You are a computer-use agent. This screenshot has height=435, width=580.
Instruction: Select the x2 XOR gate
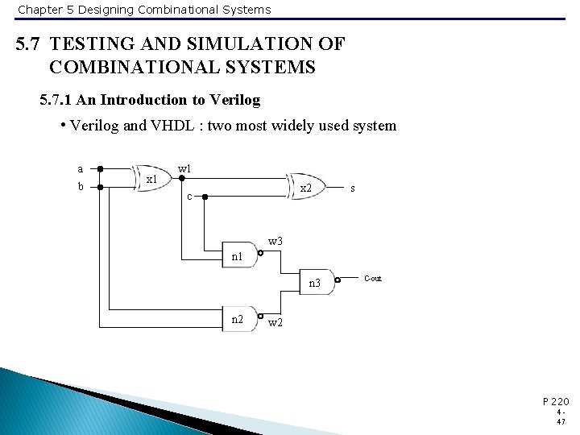point(305,188)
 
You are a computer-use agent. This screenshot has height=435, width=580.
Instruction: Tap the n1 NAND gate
point(239,256)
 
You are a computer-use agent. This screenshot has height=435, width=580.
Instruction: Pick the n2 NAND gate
point(239,319)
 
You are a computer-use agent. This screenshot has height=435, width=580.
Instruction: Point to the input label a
point(80,169)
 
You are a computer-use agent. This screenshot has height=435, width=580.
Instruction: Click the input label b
point(80,187)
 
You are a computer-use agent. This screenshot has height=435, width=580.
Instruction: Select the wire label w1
point(184,168)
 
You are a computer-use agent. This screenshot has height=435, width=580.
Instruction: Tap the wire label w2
point(275,323)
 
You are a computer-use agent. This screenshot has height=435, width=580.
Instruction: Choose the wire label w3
point(275,241)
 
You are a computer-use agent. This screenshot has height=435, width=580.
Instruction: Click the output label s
point(353,188)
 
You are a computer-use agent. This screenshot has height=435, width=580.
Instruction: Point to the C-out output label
point(373,279)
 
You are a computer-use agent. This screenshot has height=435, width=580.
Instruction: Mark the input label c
point(189,197)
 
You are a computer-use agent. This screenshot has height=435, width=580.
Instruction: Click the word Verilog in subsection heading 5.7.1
point(234,100)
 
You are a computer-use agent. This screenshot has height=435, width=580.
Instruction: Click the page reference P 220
point(556,400)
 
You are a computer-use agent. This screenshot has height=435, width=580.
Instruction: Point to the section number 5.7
point(30,43)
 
